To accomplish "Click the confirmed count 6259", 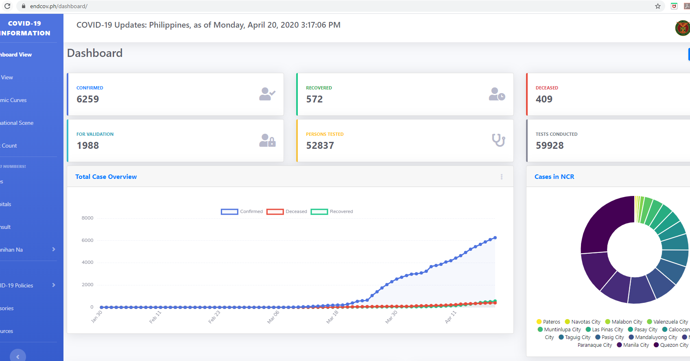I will click(x=88, y=99).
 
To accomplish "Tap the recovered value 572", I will click(x=314, y=99).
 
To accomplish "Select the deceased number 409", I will click(x=544, y=99).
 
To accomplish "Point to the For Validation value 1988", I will click(x=88, y=146).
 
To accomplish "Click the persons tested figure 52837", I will click(x=320, y=146).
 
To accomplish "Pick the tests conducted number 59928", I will click(x=550, y=146).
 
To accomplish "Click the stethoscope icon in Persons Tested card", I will click(x=498, y=140).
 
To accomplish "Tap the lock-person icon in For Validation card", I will click(x=267, y=141).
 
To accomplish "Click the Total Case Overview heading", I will click(x=106, y=177).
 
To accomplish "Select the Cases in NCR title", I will click(x=554, y=177).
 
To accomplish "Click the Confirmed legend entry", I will click(x=242, y=211).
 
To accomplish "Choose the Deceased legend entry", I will click(x=287, y=211).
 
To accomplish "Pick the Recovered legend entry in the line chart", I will click(x=332, y=211).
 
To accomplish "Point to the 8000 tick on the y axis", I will click(x=87, y=218).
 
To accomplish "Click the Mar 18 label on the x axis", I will click(x=332, y=317).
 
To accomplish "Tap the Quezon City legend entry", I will click(x=671, y=345).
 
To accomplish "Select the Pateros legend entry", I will click(x=548, y=322).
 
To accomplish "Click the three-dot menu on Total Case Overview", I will click(x=502, y=177).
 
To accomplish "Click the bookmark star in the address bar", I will click(x=658, y=6).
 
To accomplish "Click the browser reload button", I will click(x=7, y=6).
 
